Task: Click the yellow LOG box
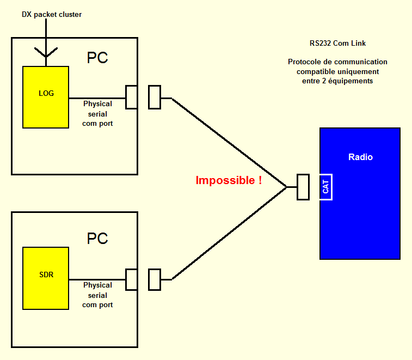[x=46, y=97]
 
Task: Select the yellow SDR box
[x=46, y=278]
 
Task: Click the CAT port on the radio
[x=325, y=187]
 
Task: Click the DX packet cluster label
[x=52, y=15]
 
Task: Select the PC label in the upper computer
[x=97, y=58]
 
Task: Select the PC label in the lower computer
[x=97, y=239]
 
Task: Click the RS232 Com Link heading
[x=338, y=43]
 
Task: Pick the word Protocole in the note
[x=306, y=62]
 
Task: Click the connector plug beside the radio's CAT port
[x=303, y=187]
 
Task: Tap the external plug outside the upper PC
[x=155, y=97]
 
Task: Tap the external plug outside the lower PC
[x=155, y=279]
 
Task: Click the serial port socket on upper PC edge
[x=131, y=97]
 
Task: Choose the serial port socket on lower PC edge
[x=131, y=279]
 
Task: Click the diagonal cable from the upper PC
[x=229, y=142]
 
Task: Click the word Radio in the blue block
[x=360, y=157]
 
